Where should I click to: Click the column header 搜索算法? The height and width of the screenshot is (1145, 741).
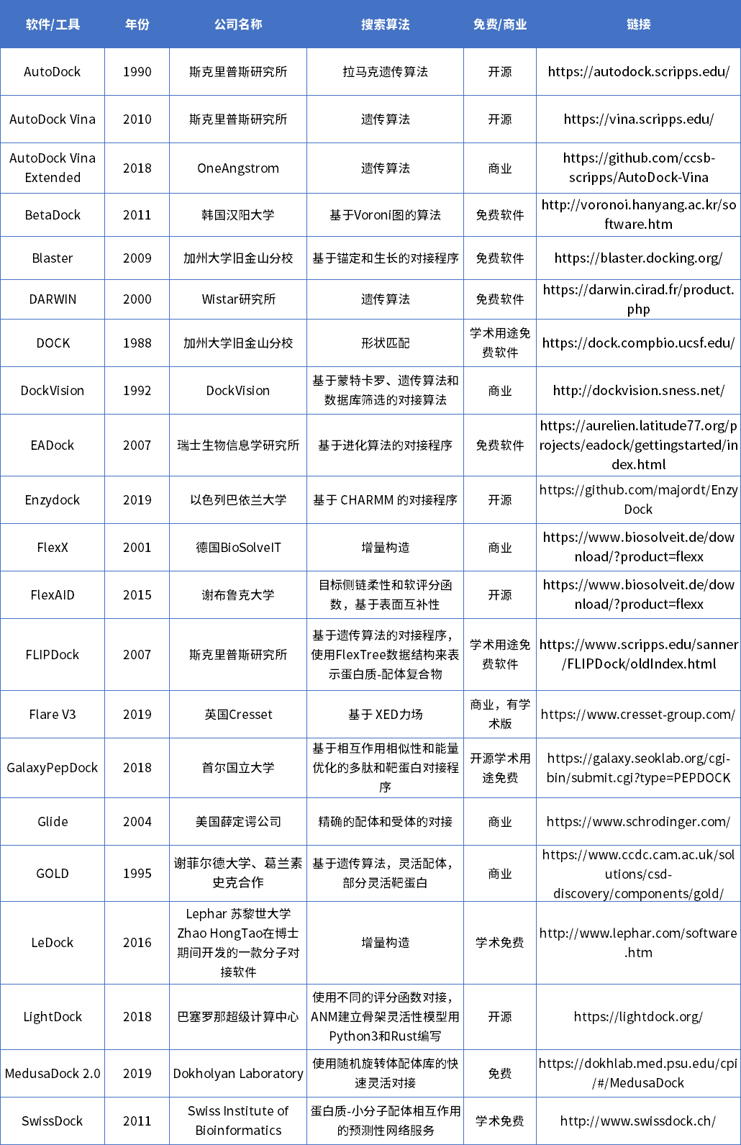coord(385,24)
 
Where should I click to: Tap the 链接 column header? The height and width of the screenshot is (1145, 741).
coord(638,24)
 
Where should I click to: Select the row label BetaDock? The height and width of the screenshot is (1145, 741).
coord(53,215)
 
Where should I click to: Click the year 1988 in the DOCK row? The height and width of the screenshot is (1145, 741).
coord(137,343)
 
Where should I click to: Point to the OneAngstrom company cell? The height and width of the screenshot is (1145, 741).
coord(238,168)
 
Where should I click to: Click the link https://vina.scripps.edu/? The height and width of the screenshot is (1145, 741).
coord(638,119)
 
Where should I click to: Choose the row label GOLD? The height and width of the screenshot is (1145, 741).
coord(53,874)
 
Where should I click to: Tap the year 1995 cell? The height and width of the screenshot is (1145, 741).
coord(137,874)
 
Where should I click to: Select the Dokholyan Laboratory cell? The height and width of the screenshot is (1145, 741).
coord(238,1074)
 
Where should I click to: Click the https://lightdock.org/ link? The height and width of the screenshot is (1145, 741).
coord(638,1017)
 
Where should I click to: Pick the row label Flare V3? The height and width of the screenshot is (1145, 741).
coord(53,715)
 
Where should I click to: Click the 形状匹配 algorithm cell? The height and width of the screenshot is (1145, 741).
coord(385,343)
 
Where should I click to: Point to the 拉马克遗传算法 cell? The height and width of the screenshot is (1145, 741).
coord(385,72)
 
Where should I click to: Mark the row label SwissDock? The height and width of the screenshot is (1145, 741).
coord(53,1121)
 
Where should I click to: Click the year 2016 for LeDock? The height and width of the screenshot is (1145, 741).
coord(137,943)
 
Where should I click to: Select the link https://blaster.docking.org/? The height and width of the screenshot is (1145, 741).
coord(638,258)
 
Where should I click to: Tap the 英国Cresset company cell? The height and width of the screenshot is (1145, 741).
coord(238,715)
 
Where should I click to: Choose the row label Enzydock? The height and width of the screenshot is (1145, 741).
coord(53,500)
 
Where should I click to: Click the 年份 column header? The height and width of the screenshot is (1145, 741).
coord(137,24)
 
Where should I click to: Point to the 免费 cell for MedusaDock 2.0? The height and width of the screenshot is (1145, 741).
coord(500,1074)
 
